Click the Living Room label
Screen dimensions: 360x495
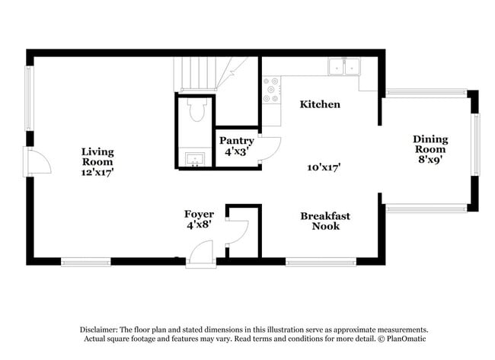coord(97,161)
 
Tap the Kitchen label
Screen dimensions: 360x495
coord(319,104)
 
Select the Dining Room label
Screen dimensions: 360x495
coord(430,149)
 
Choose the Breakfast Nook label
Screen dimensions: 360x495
coord(324,221)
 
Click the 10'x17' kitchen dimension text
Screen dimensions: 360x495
coord(324,167)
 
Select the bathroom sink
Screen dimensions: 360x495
coord(195,159)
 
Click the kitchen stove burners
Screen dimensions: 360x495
coord(270,90)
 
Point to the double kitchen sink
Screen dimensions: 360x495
coord(344,67)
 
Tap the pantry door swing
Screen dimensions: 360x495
coord(270,147)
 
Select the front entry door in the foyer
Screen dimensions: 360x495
coord(202,253)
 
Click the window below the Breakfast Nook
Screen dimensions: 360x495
coord(321,263)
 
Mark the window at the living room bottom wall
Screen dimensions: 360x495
coord(86,263)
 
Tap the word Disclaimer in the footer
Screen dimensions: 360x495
coord(101,329)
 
